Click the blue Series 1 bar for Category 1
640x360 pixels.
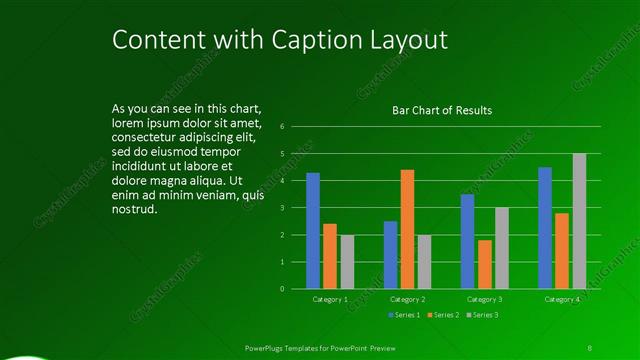click(x=313, y=231)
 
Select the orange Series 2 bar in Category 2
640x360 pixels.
click(x=407, y=229)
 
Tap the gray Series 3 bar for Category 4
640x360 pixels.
click(x=579, y=221)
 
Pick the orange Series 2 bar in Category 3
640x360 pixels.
click(x=485, y=264)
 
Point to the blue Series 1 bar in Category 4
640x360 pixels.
click(x=545, y=228)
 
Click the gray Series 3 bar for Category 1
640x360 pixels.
click(x=347, y=262)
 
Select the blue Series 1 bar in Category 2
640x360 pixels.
click(x=390, y=255)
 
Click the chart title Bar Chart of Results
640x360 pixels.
click(x=441, y=110)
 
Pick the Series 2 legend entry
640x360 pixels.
click(x=444, y=315)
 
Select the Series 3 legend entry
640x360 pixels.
click(x=483, y=315)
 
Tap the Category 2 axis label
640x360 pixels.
click(x=408, y=299)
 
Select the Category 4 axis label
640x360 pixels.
click(x=562, y=299)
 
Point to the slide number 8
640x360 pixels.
click(x=590, y=347)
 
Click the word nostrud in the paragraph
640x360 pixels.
click(x=135, y=210)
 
